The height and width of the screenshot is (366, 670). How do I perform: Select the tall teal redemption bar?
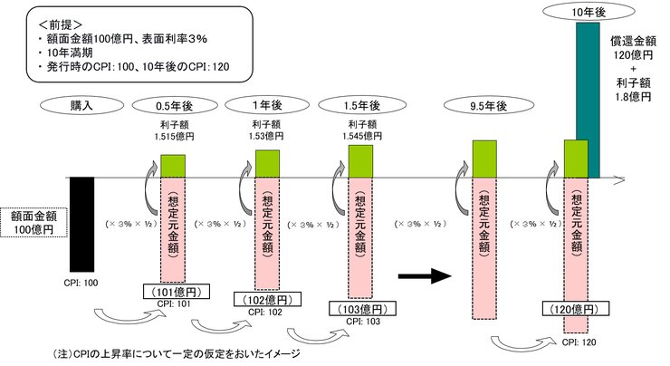coord(588,100)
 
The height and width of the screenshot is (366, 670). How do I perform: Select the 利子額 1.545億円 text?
coord(361,130)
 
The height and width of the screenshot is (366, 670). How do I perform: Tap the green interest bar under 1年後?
coord(268,163)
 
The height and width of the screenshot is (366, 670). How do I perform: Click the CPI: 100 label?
coord(81,283)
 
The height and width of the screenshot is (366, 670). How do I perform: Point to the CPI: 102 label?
coord(266,311)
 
